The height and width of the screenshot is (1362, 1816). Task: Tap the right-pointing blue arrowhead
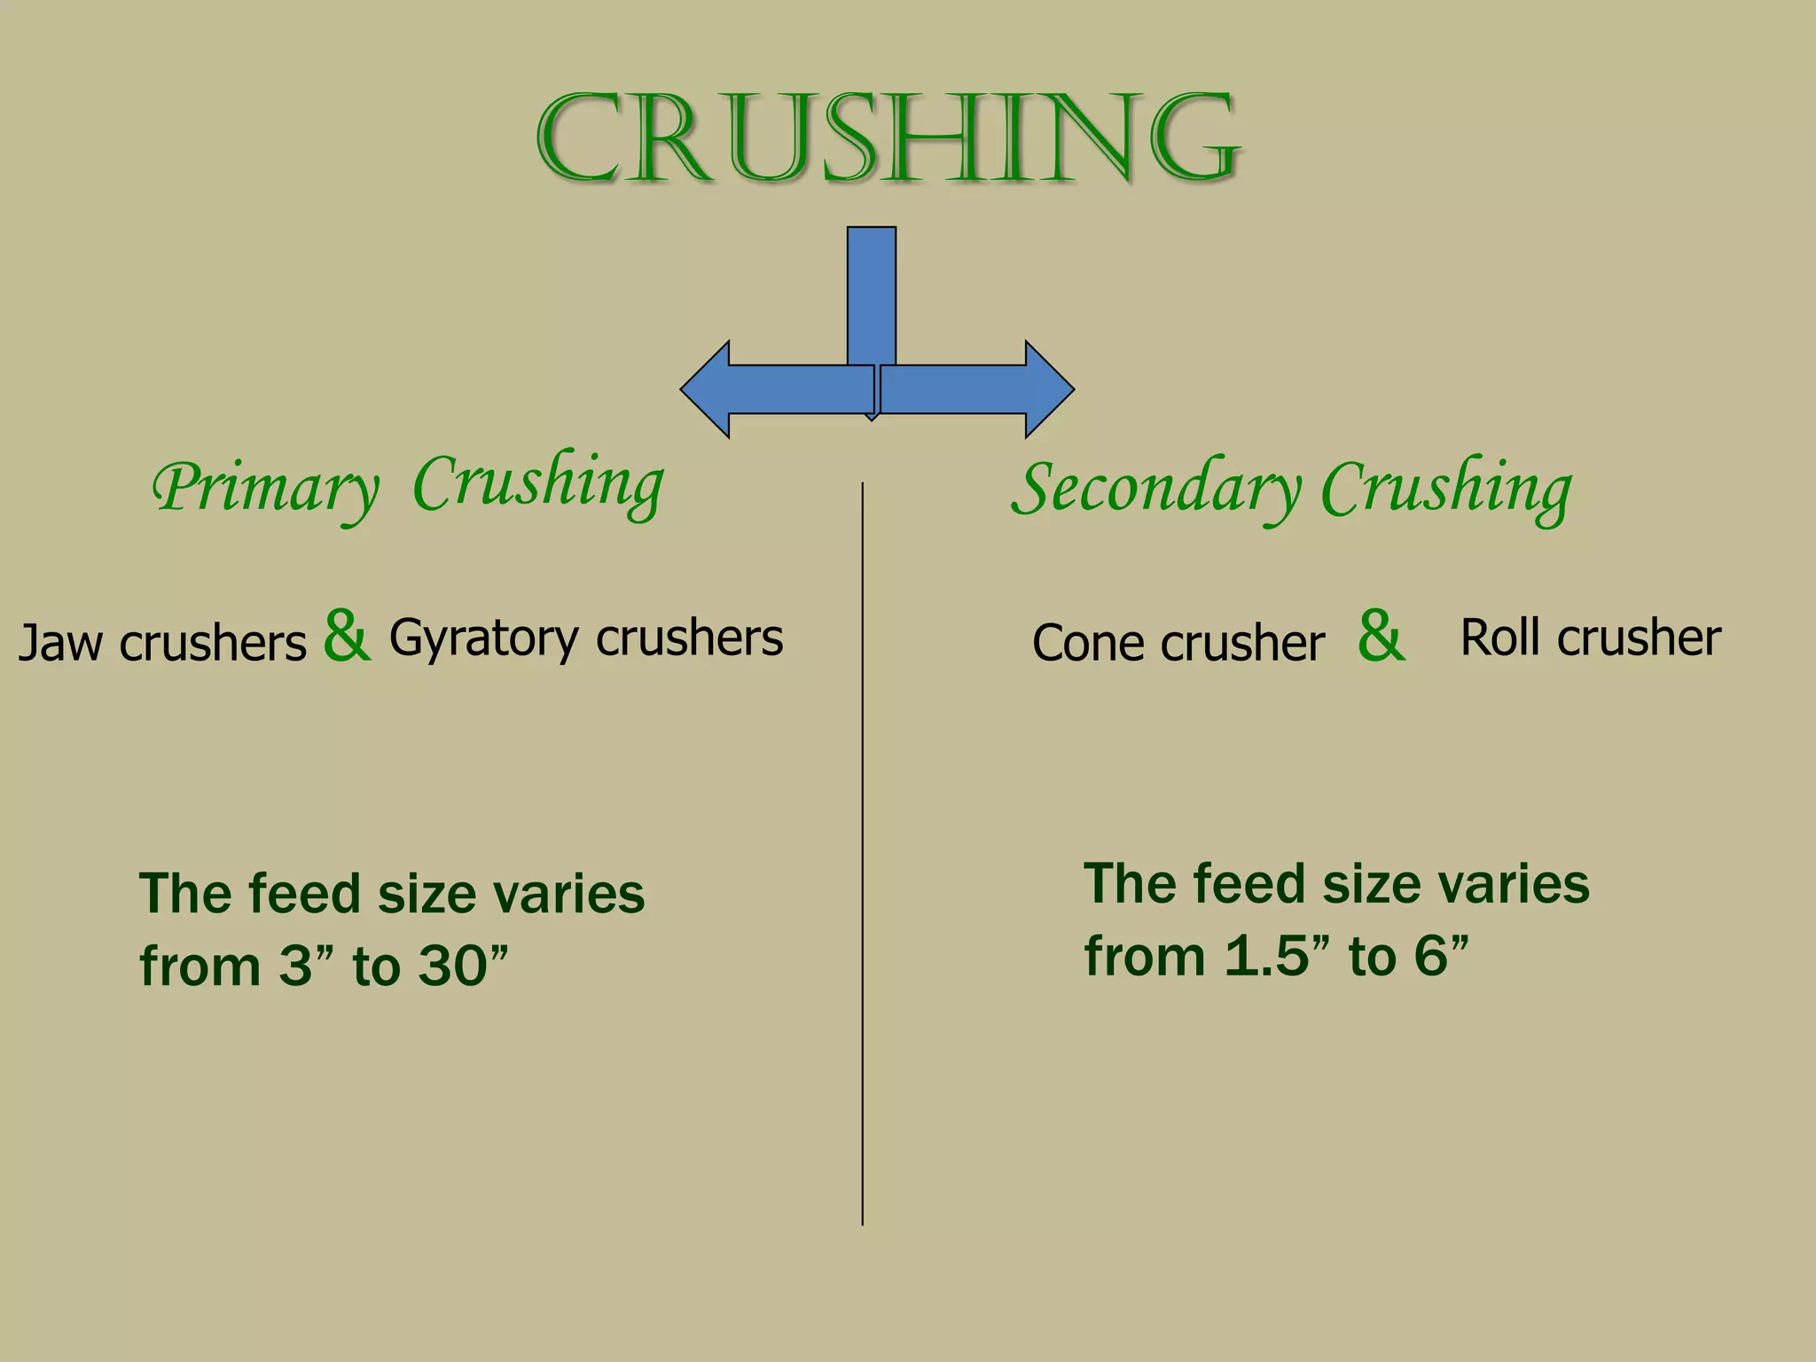(1048, 389)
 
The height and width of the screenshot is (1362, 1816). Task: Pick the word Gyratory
(483, 639)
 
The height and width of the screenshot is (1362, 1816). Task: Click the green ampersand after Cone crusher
(1381, 636)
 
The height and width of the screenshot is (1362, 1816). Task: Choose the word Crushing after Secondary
(1446, 490)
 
